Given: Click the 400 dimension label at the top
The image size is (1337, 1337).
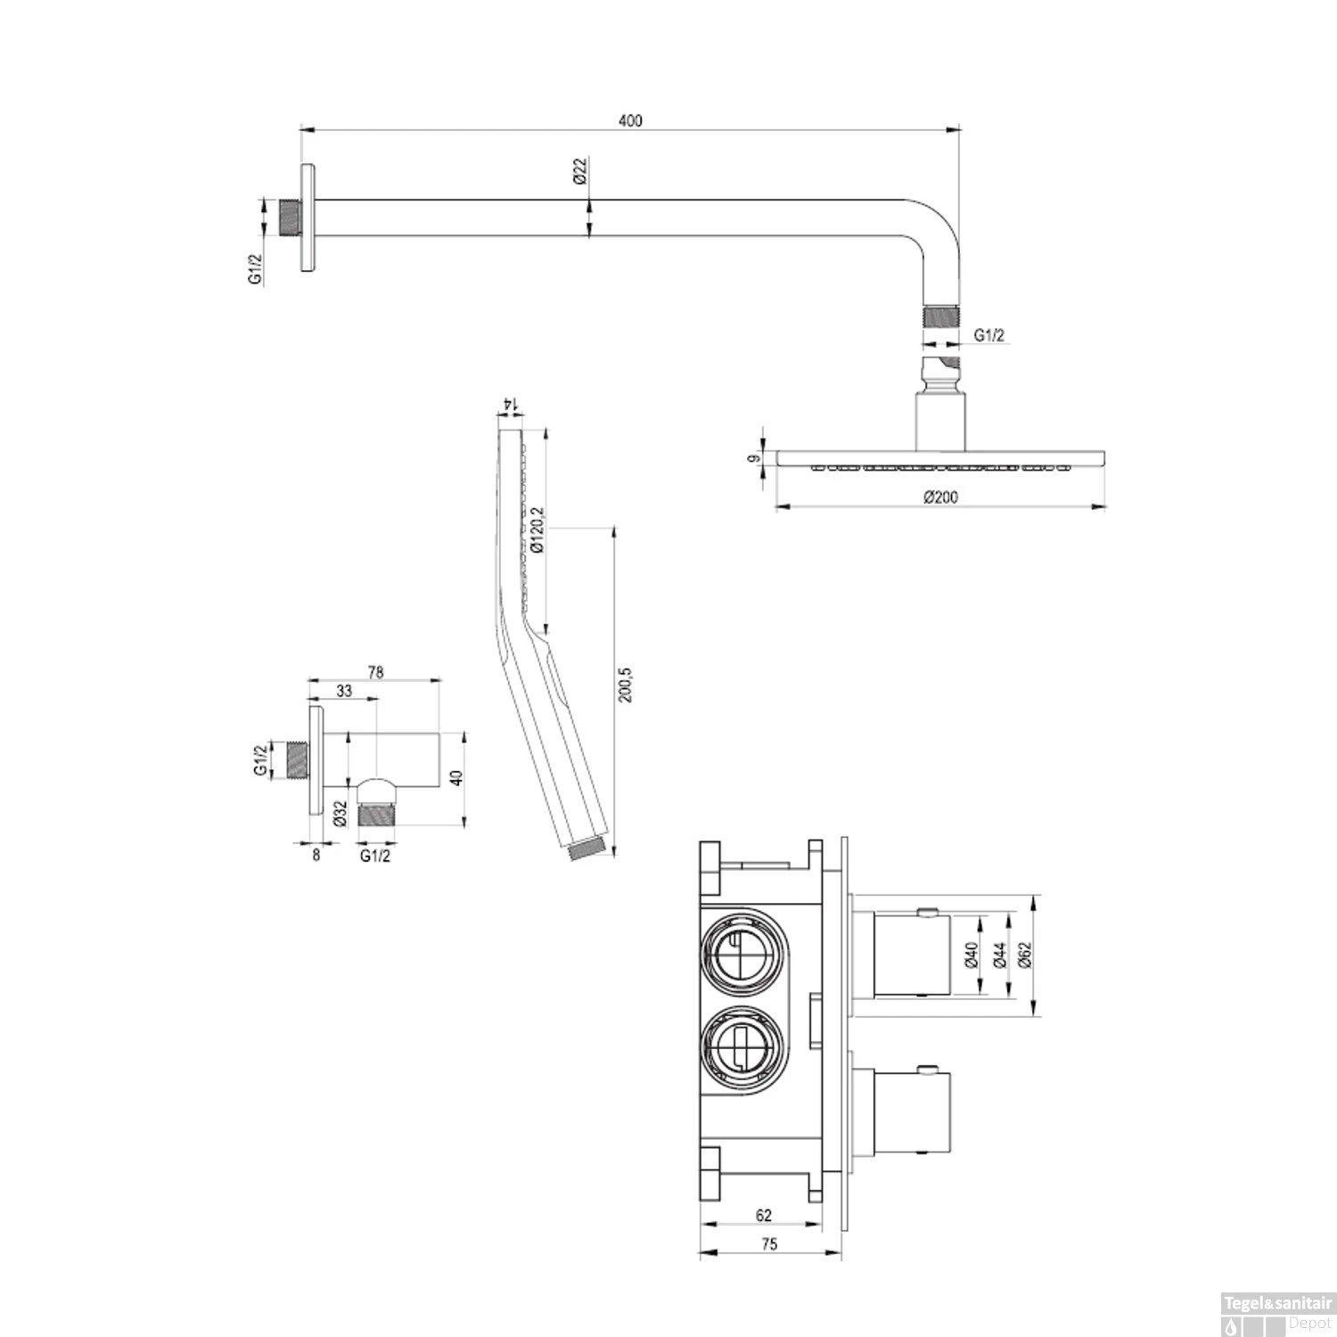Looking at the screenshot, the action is click(x=630, y=121).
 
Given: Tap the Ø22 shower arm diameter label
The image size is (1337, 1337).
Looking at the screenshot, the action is click(x=579, y=171).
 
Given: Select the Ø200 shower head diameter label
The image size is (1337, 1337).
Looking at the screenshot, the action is click(x=941, y=497).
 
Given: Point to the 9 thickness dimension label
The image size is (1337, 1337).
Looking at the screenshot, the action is click(x=754, y=459).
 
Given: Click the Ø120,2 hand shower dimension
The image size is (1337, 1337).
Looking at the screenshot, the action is click(x=537, y=529).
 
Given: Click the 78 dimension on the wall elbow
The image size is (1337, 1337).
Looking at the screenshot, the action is click(x=375, y=672).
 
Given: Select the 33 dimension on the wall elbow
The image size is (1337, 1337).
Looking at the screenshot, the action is click(x=344, y=691).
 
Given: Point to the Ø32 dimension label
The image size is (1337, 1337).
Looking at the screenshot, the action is click(x=340, y=814).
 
